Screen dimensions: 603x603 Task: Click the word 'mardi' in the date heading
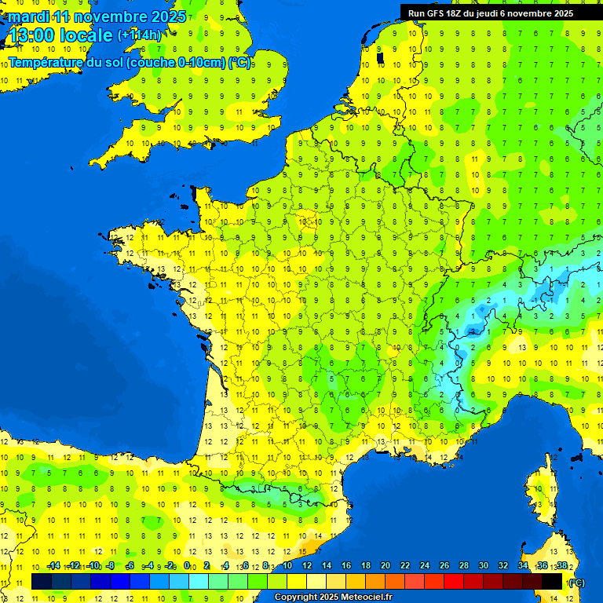28,16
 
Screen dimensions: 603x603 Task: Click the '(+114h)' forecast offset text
139,35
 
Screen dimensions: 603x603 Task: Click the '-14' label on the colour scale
53,566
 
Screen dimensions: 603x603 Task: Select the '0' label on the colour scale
187,566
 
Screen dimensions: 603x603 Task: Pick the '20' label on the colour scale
385,566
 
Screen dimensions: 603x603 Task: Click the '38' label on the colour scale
561,566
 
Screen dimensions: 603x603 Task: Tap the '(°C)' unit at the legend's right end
576,583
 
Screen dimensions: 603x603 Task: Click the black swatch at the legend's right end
553,581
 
